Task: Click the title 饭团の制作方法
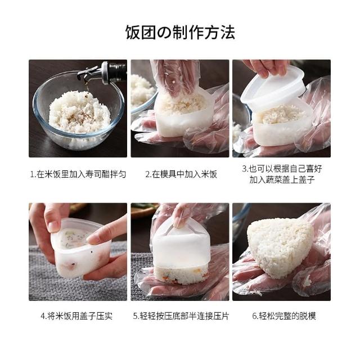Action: [180, 32]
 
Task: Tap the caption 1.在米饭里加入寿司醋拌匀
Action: [78, 174]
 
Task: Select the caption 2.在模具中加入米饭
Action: [181, 174]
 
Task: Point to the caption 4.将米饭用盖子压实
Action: [76, 316]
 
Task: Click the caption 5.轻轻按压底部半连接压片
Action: [181, 316]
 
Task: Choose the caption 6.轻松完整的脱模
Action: [284, 316]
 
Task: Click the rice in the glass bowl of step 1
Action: [80, 112]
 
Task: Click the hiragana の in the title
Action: [164, 33]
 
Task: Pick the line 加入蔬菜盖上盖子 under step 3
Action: [282, 179]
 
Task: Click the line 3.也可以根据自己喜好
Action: [282, 169]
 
